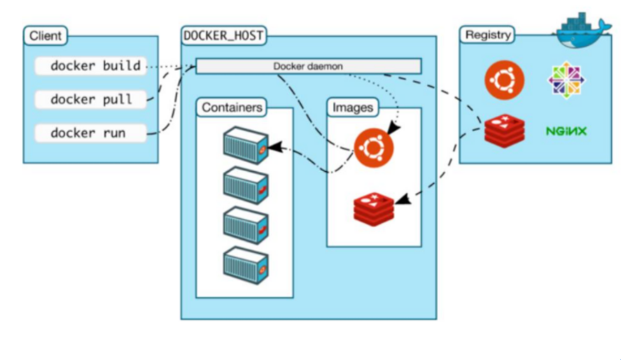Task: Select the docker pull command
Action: tap(91, 99)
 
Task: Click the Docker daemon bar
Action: tap(308, 66)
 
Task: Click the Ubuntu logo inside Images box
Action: tap(373, 148)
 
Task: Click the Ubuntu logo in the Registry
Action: tap(504, 80)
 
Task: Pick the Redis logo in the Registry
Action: tap(504, 130)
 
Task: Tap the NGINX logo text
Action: tap(566, 131)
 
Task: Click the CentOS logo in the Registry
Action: tap(566, 80)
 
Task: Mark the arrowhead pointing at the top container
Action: tap(272, 148)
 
